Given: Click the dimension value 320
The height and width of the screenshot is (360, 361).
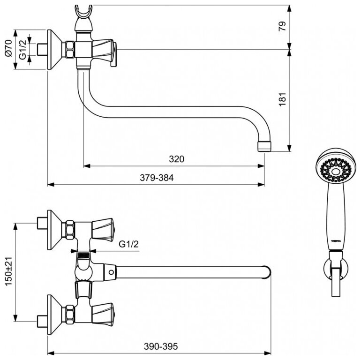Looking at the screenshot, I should coord(176,159).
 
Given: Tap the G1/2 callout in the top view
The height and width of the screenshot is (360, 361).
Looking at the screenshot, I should coord(129,244).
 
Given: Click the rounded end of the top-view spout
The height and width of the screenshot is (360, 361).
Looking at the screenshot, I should coord(268,272).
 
